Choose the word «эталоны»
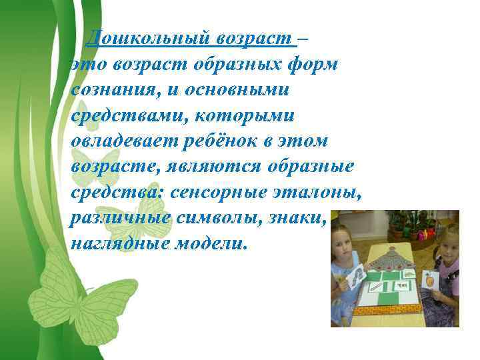320,193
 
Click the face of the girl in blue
354,239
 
